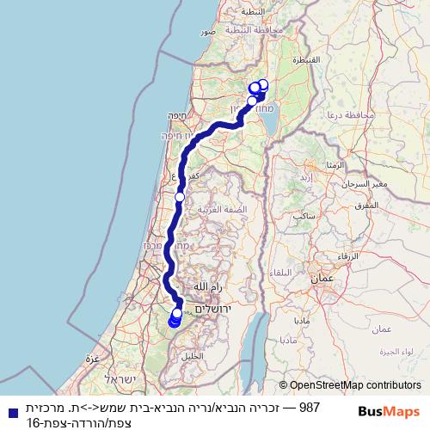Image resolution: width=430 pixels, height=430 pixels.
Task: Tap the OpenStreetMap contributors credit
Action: pyautogui.click(x=350, y=386)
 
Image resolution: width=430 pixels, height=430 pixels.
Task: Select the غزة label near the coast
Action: pyautogui.click(x=92, y=356)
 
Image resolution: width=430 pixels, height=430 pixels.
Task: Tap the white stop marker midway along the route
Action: pyautogui.click(x=180, y=197)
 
